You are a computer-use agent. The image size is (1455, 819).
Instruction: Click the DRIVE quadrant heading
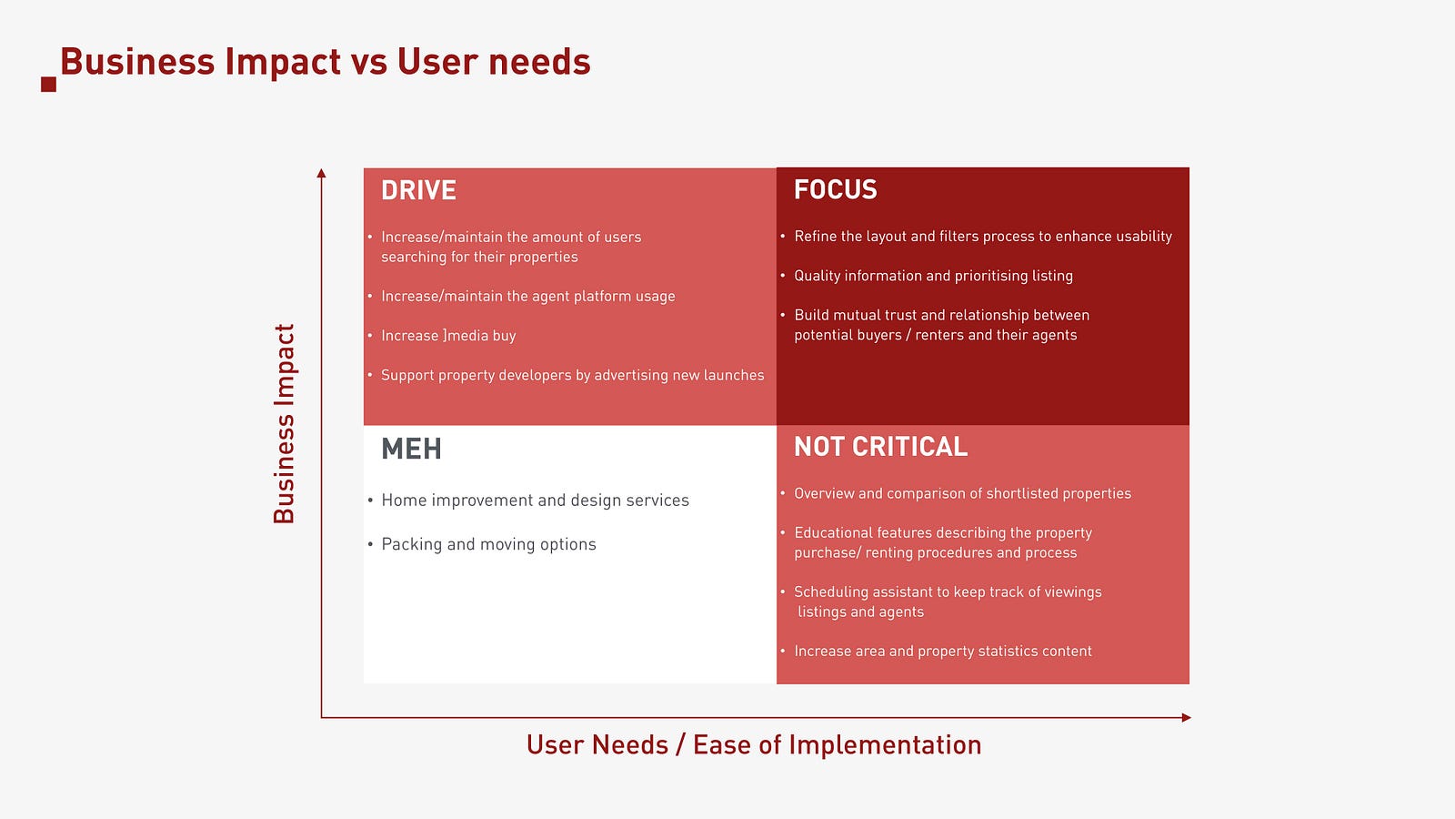418,190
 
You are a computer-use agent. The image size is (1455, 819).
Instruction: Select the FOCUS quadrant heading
836,190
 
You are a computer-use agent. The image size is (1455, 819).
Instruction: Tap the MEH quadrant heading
411,449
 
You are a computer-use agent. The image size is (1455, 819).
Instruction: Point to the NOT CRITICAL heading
881,447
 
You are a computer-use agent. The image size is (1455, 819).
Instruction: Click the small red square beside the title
49,85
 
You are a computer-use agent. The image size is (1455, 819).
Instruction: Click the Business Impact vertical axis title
284,424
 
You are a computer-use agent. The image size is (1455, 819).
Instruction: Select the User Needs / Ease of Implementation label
754,745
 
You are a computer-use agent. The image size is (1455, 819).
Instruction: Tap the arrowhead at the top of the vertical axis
321,172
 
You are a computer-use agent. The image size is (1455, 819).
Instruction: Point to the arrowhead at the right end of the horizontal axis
1186,718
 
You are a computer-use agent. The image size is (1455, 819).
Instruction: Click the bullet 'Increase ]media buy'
448,336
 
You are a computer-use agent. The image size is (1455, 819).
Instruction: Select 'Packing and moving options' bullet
488,544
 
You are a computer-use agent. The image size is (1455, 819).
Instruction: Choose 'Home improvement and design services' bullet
536,500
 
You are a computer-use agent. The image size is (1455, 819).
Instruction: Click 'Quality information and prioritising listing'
933,276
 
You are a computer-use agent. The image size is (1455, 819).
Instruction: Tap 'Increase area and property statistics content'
942,652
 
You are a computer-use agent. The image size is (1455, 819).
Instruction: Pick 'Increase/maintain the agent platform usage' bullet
528,297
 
